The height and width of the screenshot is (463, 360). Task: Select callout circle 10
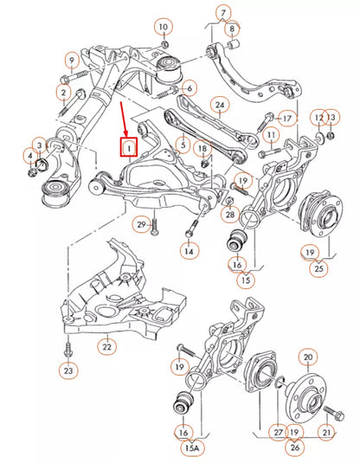[164, 28]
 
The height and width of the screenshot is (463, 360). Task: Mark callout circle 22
[106, 347]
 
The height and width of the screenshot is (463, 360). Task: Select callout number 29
[140, 225]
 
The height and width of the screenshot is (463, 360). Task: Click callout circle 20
[307, 357]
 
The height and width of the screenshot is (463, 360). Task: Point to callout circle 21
[327, 433]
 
